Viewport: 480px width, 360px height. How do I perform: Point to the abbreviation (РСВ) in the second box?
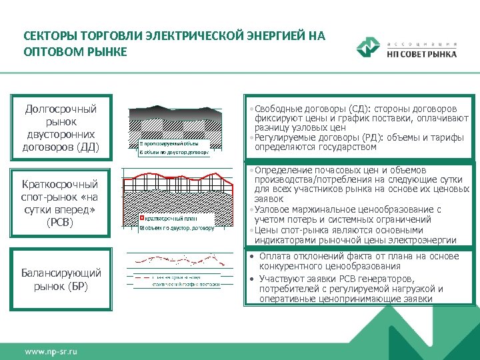(x=60, y=222)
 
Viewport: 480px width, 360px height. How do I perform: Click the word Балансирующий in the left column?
(x=61, y=273)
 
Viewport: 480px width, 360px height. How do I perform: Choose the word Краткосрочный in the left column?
(x=60, y=184)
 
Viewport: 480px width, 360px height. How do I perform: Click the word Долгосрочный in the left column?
(x=61, y=109)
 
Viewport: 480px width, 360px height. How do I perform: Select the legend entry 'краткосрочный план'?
(x=172, y=218)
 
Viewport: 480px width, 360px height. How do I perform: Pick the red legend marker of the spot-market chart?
(x=141, y=218)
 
